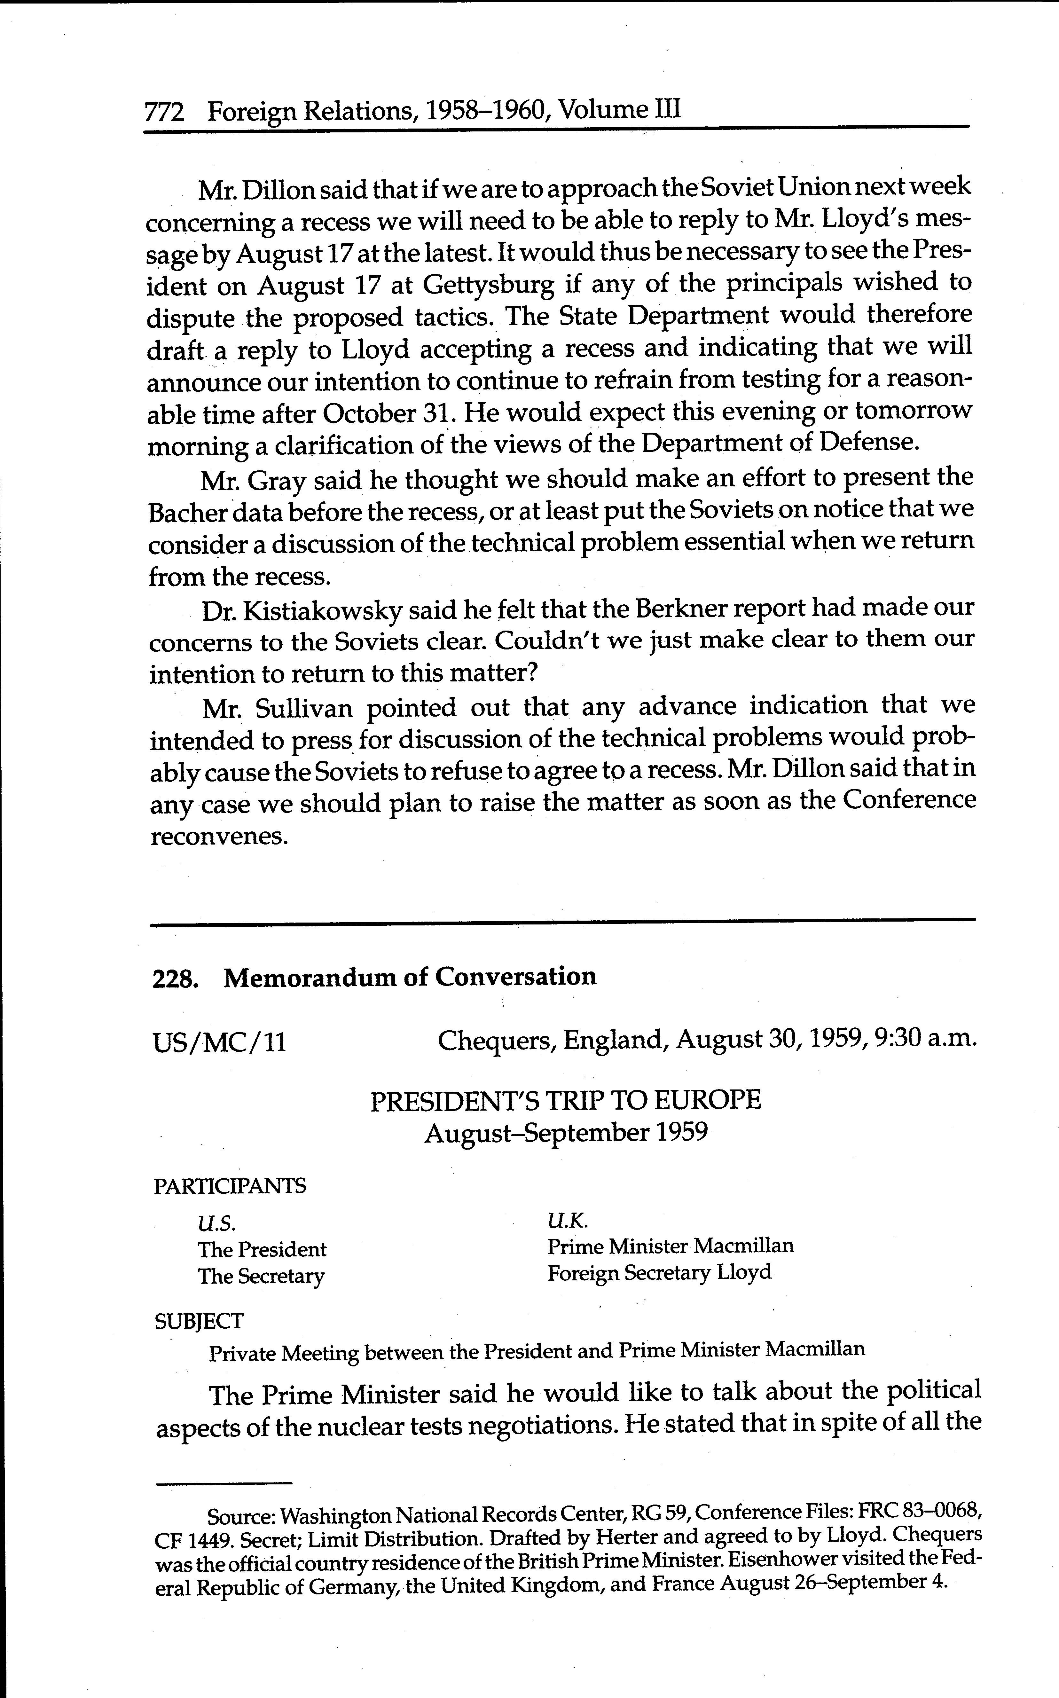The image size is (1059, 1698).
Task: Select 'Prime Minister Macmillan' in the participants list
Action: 670,1246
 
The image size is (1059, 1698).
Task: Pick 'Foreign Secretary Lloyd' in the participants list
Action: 659,1272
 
